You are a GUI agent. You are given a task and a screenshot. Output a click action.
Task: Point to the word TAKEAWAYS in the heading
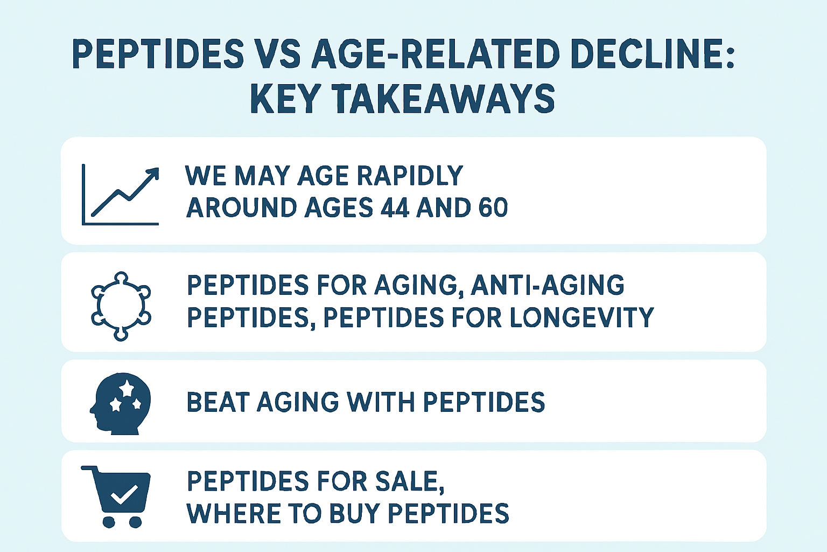443,99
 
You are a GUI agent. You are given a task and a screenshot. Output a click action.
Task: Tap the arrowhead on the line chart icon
154,173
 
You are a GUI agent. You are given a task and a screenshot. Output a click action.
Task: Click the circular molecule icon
121,306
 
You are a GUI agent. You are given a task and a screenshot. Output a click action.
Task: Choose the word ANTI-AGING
548,285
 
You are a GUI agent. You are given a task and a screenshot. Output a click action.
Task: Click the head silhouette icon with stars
121,403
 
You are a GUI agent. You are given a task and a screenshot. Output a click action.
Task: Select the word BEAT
218,403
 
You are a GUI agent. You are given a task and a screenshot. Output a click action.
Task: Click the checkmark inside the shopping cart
123,494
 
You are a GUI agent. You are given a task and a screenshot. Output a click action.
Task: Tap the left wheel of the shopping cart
109,522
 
